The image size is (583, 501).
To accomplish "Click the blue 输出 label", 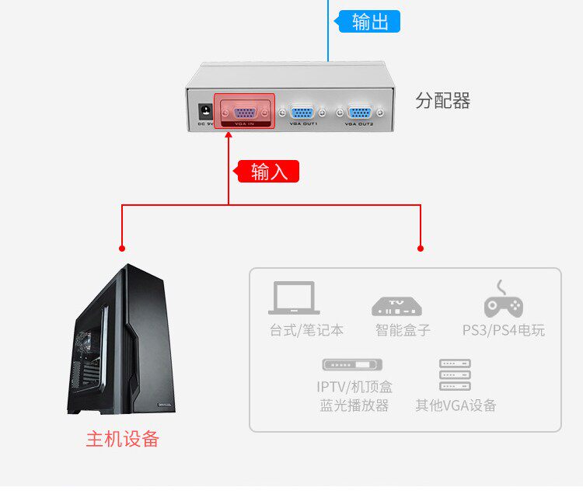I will (370, 22).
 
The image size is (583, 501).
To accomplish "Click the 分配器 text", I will (443, 101).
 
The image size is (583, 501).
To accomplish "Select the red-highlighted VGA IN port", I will (244, 111).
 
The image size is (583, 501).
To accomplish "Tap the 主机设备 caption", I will (122, 439).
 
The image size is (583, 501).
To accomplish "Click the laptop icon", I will (294, 298).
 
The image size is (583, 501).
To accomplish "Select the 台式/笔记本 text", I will (306, 330).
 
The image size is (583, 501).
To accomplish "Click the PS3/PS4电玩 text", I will (504, 330).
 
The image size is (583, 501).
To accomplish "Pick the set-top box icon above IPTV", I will (353, 364).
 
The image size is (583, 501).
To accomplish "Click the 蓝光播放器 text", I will (354, 405).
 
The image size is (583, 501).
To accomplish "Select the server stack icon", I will (455, 374).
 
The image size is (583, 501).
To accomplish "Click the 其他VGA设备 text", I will (456, 405).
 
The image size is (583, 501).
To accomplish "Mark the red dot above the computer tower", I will (122, 249).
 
